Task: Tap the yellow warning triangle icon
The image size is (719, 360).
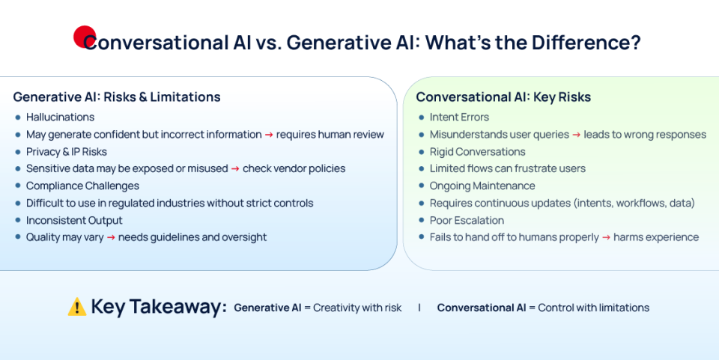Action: pos(77,307)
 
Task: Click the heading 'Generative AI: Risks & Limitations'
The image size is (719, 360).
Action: pos(117,97)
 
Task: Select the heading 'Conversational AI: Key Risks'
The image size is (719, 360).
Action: pos(503,97)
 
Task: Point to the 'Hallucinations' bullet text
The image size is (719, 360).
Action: pos(60,118)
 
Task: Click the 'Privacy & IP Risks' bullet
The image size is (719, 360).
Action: pos(67,152)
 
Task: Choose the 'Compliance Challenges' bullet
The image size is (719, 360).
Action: pos(82,186)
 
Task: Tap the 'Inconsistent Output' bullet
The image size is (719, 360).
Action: pos(74,220)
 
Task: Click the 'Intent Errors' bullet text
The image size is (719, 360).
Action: pos(459,118)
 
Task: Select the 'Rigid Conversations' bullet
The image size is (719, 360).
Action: pos(478,152)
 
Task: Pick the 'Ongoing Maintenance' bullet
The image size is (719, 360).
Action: pos(482,186)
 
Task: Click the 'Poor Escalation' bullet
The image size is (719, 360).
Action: pos(467,220)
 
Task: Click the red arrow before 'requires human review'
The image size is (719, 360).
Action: pos(269,135)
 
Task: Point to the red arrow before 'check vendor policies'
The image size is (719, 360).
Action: pos(235,169)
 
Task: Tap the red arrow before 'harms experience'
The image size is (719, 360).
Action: pos(606,237)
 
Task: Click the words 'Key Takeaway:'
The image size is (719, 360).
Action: pos(159,307)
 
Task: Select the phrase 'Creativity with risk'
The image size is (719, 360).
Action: pos(357,308)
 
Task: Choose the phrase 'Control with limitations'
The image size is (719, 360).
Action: pos(593,308)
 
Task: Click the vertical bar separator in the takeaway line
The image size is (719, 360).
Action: pos(419,308)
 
